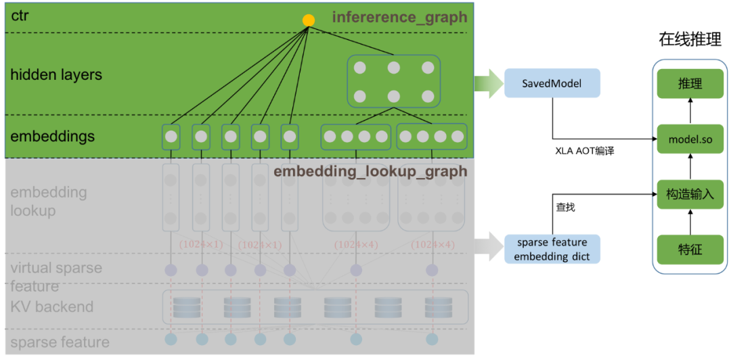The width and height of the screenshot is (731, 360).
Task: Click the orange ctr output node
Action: [x=309, y=20]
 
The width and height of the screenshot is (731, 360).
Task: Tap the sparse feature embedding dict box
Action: [x=552, y=249]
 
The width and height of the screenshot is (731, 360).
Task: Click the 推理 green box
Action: [x=690, y=84]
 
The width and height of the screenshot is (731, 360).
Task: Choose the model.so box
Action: [x=690, y=139]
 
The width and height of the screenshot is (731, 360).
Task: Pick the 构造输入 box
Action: [x=690, y=194]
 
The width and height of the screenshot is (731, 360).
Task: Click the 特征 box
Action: [x=690, y=250]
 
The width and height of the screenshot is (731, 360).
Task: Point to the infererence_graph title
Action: [x=399, y=17]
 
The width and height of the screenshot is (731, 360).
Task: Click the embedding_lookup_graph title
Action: [x=370, y=171]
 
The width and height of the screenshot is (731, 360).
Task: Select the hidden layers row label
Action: [x=56, y=74]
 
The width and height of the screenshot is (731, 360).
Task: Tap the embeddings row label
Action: [x=52, y=136]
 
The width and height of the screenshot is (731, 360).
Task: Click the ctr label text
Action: [x=20, y=15]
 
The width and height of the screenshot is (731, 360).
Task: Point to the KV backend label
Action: [x=51, y=307]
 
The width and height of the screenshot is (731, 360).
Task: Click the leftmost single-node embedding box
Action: [x=171, y=137]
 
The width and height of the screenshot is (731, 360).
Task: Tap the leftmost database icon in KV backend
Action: [x=186, y=307]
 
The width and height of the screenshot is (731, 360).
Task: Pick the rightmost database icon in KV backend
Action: [x=438, y=307]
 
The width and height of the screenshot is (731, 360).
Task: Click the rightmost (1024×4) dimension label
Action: [x=433, y=244]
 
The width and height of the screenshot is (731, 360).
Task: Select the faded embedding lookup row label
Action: [x=48, y=201]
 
